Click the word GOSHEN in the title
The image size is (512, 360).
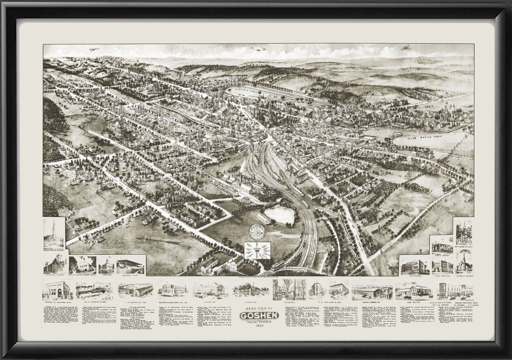(x=256, y=316)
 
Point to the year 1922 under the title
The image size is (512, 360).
(x=256, y=327)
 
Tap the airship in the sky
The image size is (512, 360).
(x=258, y=49)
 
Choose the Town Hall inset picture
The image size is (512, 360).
(x=106, y=265)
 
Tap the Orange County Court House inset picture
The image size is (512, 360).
(x=82, y=265)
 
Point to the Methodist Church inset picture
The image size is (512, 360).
(x=464, y=233)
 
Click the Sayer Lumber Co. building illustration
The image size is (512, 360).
(x=371, y=291)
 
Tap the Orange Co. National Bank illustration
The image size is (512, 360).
(x=57, y=290)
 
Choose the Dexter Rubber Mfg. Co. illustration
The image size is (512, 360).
(x=173, y=289)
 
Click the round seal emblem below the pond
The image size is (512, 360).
(x=257, y=231)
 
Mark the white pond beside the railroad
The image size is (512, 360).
(x=279, y=215)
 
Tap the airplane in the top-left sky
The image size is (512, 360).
(x=94, y=49)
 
